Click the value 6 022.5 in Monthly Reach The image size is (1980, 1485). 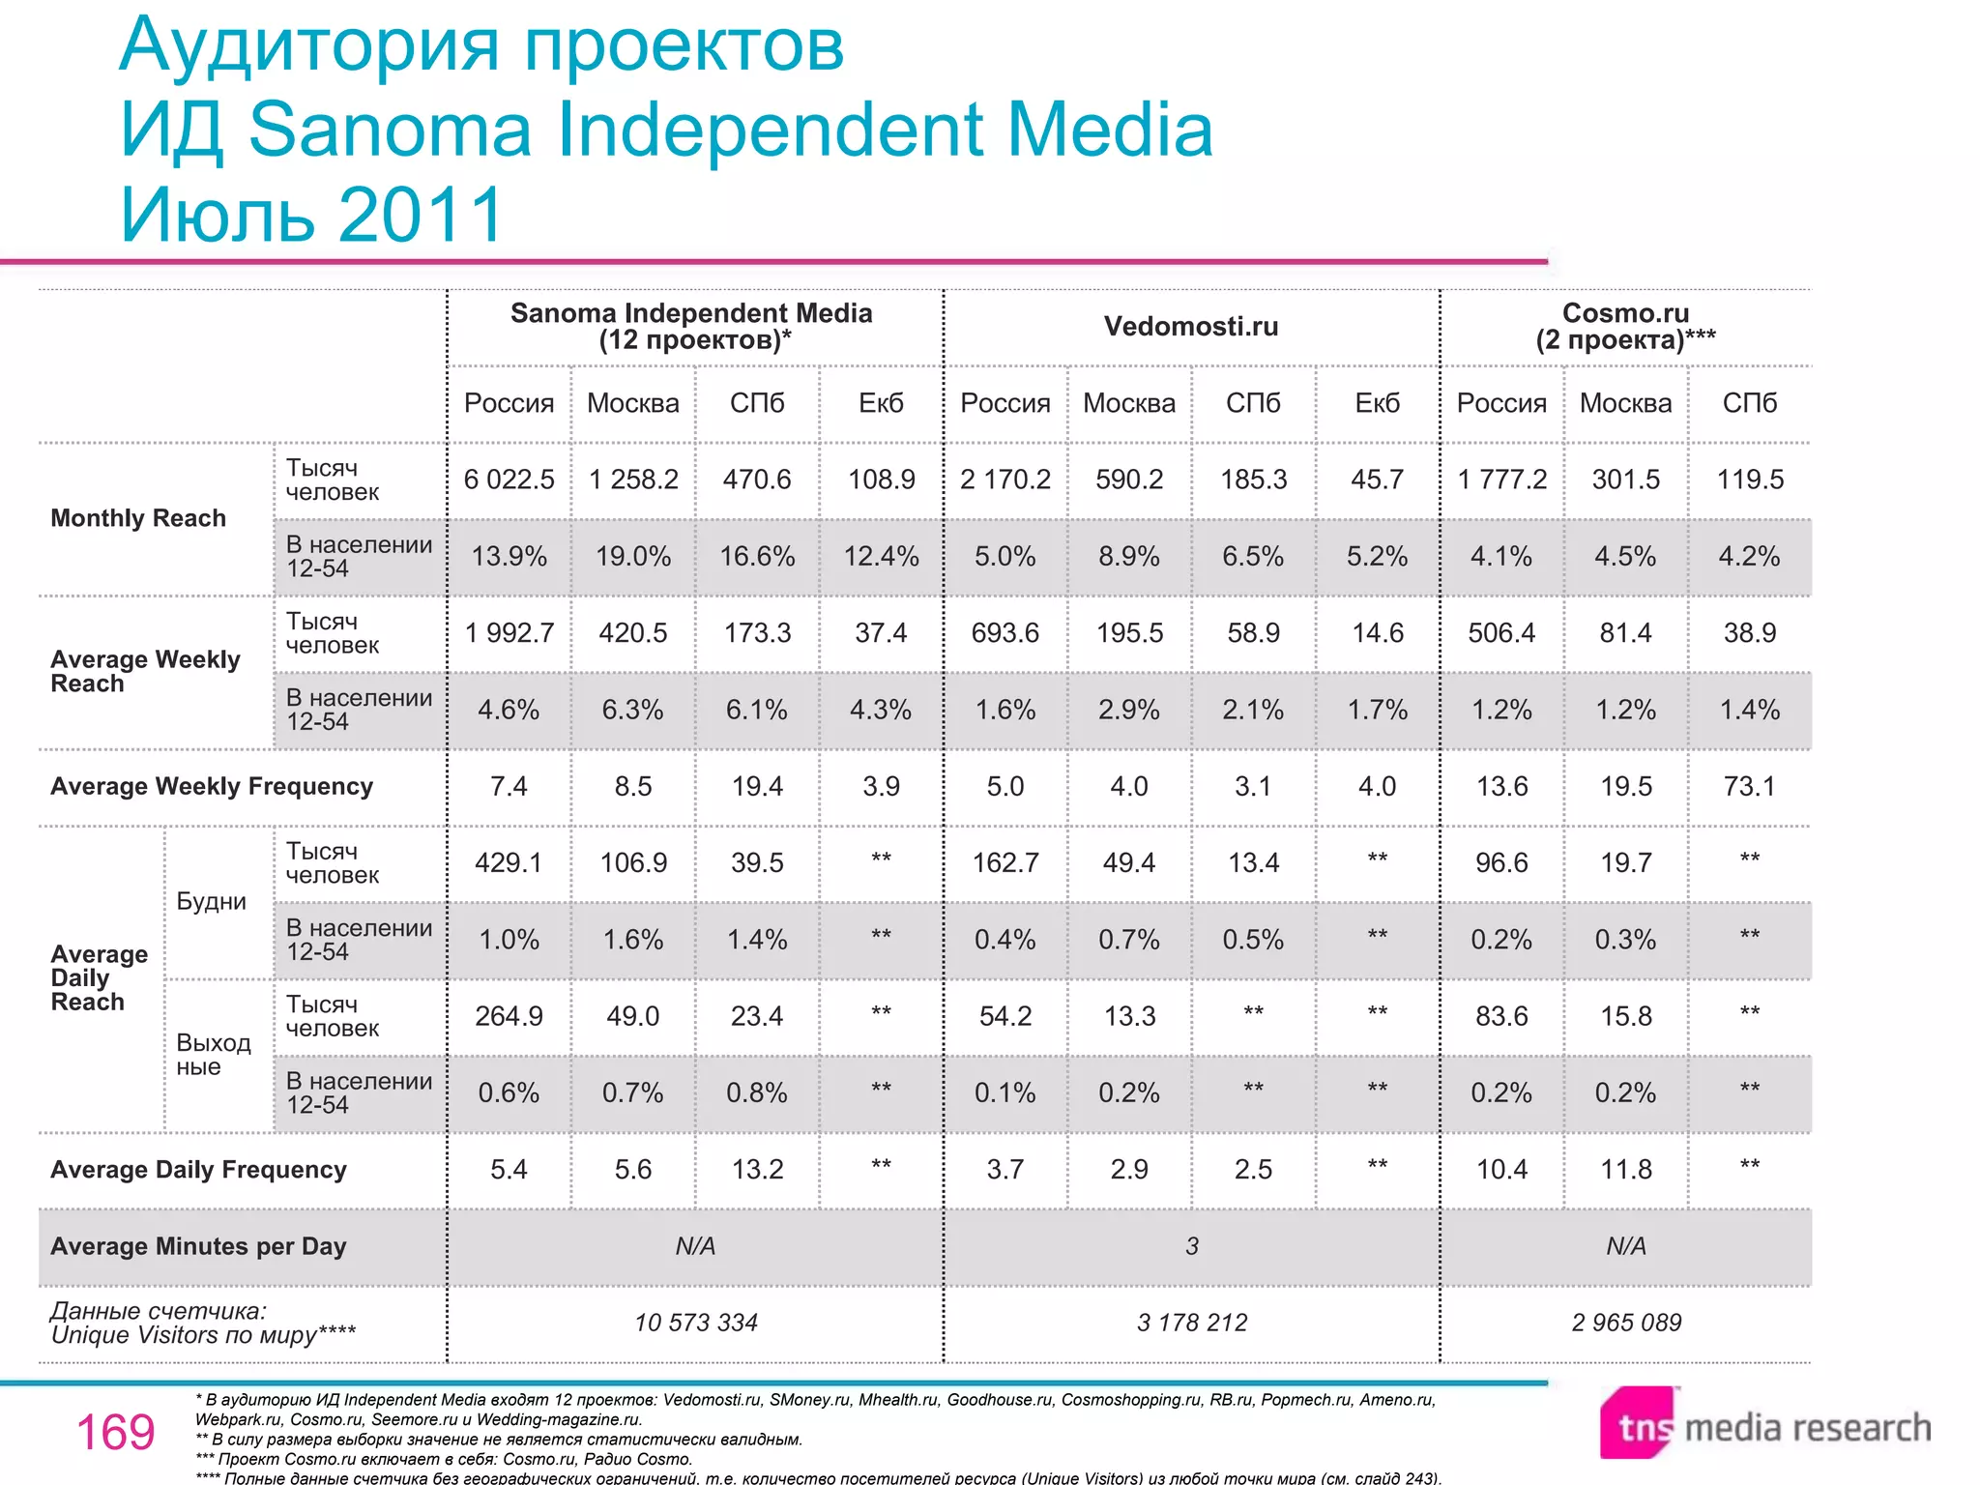509,480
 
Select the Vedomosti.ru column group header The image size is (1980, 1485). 1190,327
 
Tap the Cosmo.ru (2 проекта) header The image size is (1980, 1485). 1625,327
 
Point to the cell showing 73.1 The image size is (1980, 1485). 1749,786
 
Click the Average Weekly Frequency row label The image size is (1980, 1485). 211,786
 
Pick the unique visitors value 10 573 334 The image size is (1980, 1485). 695,1323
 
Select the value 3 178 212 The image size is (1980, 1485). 1191,1323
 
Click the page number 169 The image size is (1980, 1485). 115,1432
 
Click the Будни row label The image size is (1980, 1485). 211,901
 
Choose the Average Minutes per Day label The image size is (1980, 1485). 198,1246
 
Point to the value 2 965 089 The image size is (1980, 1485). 1625,1323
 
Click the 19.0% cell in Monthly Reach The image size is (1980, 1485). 632,557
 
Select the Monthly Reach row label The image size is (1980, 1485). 137,518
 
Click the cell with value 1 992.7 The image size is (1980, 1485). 509,633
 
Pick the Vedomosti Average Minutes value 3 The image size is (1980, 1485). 1191,1246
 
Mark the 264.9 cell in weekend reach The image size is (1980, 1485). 509,1016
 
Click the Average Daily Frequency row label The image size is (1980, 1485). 198,1170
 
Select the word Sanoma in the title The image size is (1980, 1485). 390,130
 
